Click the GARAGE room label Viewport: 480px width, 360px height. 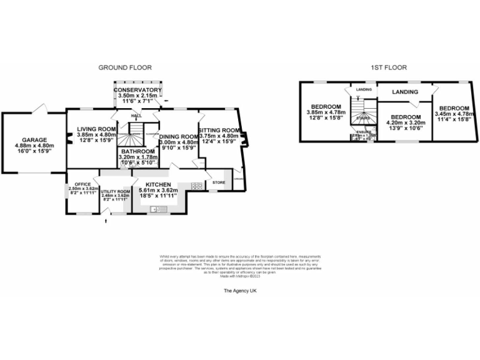coord(34,140)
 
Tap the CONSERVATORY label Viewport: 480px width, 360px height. coord(138,90)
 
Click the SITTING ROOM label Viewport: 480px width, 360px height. coord(219,130)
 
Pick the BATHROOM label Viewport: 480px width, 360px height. coord(137,151)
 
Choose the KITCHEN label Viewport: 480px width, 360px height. coord(155,184)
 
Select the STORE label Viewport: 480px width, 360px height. coord(219,182)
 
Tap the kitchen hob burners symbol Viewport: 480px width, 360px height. coord(196,186)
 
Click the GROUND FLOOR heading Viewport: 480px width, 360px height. coord(125,67)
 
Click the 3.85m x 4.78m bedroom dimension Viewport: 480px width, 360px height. coord(326,114)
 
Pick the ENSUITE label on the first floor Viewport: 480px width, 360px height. coord(364,131)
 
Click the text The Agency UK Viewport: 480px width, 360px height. coord(240,291)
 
